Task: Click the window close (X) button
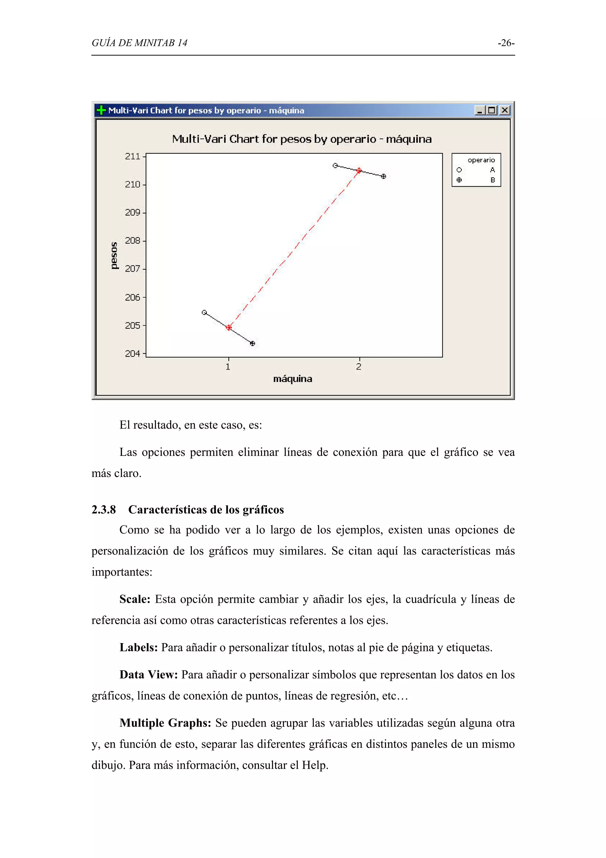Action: [x=505, y=110]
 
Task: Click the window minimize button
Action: [x=479, y=110]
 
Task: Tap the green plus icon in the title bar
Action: [x=101, y=110]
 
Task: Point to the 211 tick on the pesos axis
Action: [x=133, y=156]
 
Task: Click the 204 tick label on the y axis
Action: [x=133, y=354]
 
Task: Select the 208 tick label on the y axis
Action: [x=133, y=241]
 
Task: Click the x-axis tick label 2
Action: [x=359, y=367]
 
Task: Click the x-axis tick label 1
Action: [x=228, y=367]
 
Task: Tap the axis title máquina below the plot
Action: [x=292, y=379]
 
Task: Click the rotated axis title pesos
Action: [x=114, y=256]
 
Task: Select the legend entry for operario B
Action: [x=476, y=180]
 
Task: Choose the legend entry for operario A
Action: [x=476, y=170]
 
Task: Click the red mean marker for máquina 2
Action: [x=359, y=171]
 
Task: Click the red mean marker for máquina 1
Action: [x=229, y=328]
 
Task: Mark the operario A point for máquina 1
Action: [x=204, y=312]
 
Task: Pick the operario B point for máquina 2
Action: [x=383, y=176]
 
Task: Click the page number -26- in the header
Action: [x=506, y=43]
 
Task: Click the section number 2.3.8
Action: [x=104, y=510]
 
